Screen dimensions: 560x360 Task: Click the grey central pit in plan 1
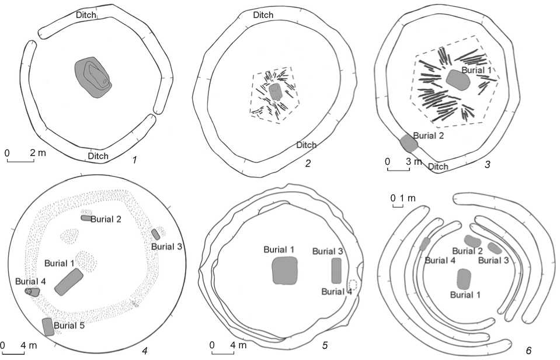pyautogui.click(x=93, y=77)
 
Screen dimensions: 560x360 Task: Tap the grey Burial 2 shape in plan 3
pyautogui.click(x=409, y=143)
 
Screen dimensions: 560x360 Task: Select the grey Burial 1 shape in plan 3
pyautogui.click(x=457, y=80)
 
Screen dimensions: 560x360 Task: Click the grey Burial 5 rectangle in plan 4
pyautogui.click(x=48, y=327)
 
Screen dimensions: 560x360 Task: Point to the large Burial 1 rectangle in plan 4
pyautogui.click(x=69, y=282)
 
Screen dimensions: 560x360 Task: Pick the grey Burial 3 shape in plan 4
pyautogui.click(x=156, y=234)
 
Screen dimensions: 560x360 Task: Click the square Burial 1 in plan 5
pyautogui.click(x=284, y=271)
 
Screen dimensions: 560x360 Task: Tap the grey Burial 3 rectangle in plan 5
pyautogui.click(x=336, y=271)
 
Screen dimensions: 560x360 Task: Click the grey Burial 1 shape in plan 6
pyautogui.click(x=464, y=279)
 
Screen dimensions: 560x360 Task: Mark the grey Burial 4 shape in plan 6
pyautogui.click(x=425, y=244)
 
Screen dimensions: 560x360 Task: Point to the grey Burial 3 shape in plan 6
pyautogui.click(x=495, y=248)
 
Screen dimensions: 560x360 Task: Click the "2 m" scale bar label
pyautogui.click(x=38, y=153)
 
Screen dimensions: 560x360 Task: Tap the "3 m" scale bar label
pyautogui.click(x=414, y=161)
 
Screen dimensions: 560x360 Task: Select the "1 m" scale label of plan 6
pyautogui.click(x=408, y=198)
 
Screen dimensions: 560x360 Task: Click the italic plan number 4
pyautogui.click(x=145, y=351)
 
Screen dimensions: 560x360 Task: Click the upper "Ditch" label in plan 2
pyautogui.click(x=263, y=15)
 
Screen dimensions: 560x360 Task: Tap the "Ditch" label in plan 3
pyautogui.click(x=438, y=167)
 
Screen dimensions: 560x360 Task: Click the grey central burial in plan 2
pyautogui.click(x=275, y=92)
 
